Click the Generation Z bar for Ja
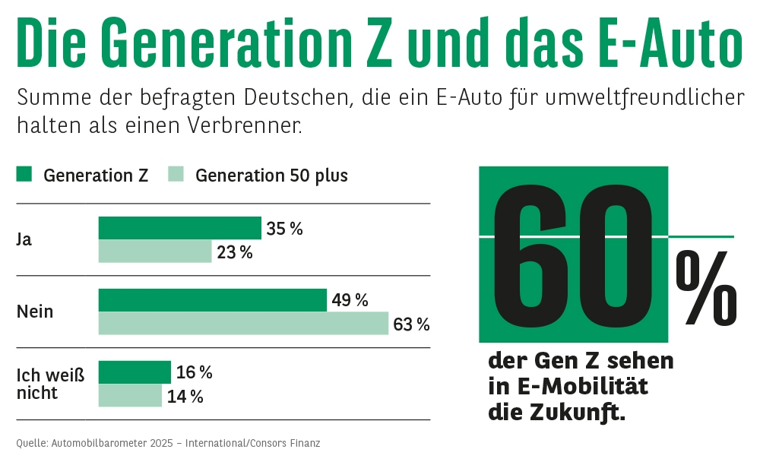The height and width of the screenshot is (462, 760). tap(179, 228)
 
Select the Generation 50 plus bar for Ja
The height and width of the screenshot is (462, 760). tap(155, 252)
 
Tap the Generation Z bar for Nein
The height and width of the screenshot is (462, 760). tap(212, 300)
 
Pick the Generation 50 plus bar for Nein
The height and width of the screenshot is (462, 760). tap(243, 324)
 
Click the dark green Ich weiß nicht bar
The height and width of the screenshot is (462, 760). tap(135, 372)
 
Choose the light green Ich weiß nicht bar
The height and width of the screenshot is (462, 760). tap(130, 396)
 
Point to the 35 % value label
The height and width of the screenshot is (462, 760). tap(284, 229)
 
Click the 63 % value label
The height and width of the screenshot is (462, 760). tap(411, 324)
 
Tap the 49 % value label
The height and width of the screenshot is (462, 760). tap(350, 301)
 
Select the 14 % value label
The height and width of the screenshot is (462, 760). tap(185, 397)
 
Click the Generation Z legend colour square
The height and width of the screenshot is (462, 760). tap(24, 175)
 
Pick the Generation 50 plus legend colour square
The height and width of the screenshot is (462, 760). tap(176, 175)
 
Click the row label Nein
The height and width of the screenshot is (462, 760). tap(35, 312)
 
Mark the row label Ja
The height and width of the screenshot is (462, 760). tap(24, 239)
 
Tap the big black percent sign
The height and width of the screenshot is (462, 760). tap(706, 290)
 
